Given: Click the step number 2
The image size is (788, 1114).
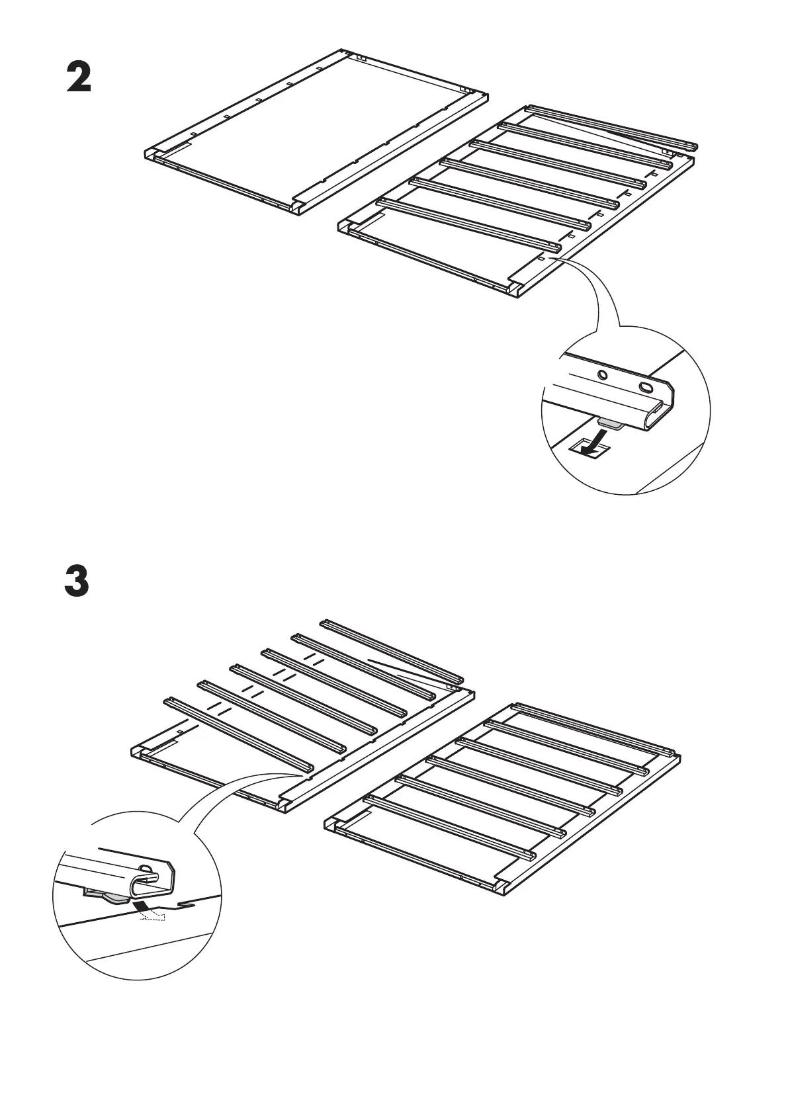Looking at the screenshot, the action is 78,79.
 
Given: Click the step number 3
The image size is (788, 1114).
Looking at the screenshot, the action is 77,581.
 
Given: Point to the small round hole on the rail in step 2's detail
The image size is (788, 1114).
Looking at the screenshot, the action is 601,375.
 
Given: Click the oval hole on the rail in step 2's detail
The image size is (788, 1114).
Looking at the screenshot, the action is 645,387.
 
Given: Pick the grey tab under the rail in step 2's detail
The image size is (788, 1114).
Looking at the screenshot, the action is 609,423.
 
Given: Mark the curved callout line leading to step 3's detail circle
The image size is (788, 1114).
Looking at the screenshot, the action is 218,794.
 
